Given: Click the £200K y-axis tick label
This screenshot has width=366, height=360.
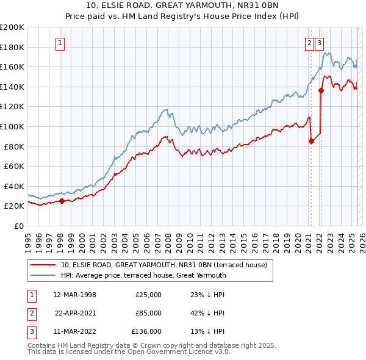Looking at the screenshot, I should tap(12, 27).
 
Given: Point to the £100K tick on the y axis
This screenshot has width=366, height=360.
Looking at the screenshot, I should tap(12, 126).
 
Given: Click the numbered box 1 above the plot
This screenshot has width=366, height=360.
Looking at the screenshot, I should tap(61, 43).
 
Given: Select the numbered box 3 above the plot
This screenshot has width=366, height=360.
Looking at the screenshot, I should tap(320, 43).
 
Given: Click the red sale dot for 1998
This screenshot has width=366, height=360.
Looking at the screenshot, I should tap(62, 201).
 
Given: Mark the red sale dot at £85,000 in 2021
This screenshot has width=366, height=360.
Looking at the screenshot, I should tap(312, 141).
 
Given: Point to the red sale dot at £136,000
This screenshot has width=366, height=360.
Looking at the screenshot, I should tap(321, 91).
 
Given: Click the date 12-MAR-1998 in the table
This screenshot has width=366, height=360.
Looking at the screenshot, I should tap(75, 295).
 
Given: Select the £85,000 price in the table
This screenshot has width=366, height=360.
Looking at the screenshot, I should tap(148, 313).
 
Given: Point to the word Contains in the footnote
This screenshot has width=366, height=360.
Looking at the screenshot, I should tap(43, 345).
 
